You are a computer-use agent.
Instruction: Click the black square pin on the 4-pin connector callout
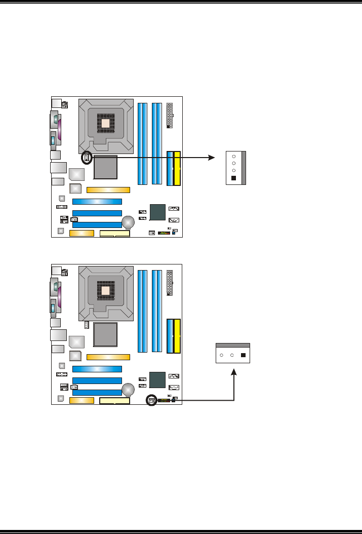tap(233, 178)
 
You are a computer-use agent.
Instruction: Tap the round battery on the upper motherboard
tap(128, 222)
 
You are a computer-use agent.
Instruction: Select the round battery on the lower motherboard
tap(128, 390)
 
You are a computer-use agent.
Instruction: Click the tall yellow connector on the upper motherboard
tap(177, 168)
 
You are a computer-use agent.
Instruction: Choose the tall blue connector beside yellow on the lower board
tap(170, 336)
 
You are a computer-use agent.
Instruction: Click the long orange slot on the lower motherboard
tap(108, 357)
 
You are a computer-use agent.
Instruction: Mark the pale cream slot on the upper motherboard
tap(115, 234)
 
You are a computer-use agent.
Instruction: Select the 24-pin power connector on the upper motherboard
tap(170, 116)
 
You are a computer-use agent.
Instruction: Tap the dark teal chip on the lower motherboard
tap(158, 379)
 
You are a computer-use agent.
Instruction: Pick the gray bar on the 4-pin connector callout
tap(243, 168)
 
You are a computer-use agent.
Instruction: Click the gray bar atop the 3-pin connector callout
tap(233, 345)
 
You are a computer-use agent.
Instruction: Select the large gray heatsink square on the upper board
tap(105, 167)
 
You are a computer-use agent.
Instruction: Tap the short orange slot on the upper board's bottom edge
tap(82, 234)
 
